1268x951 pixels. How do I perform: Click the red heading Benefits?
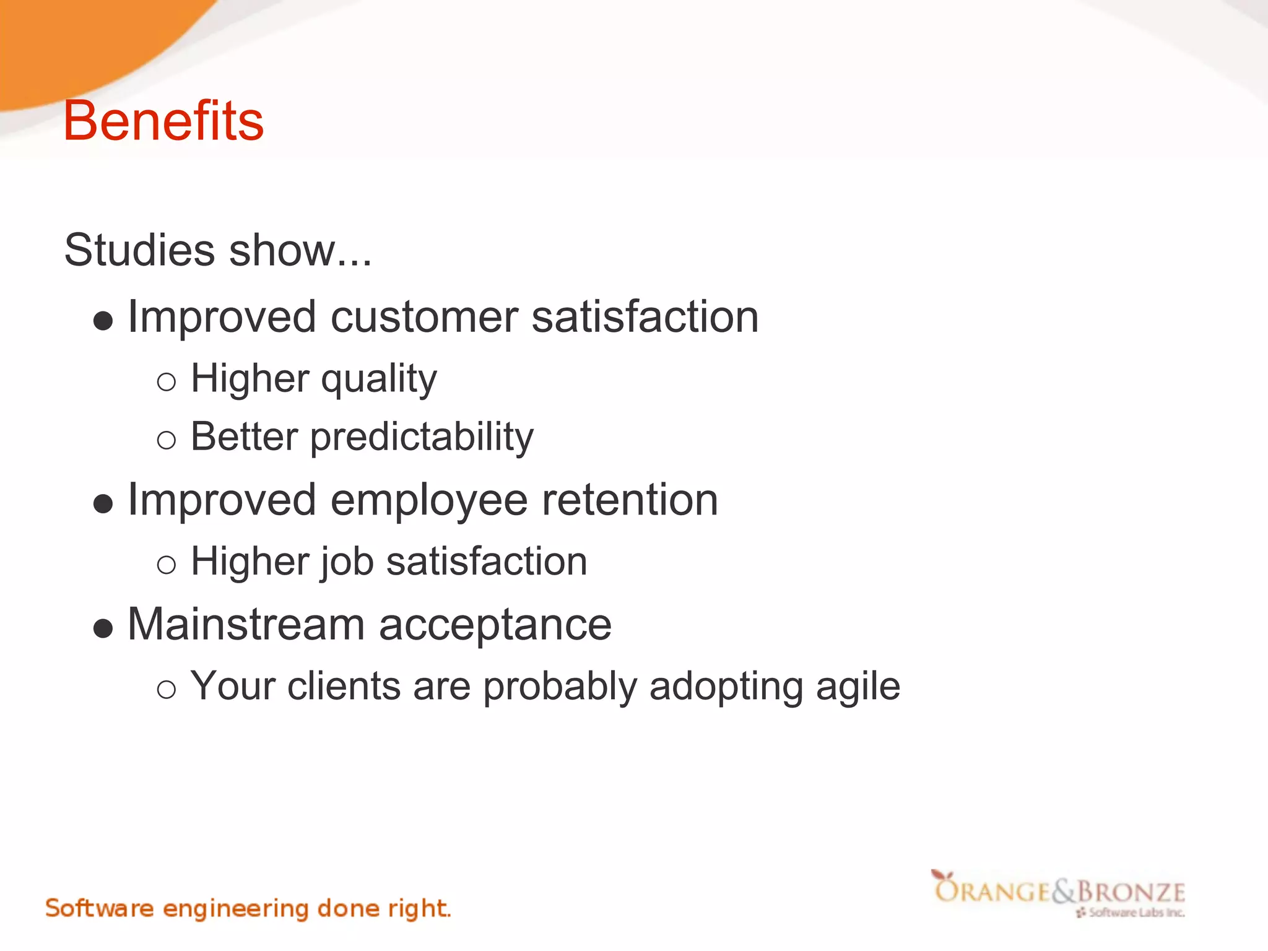coord(163,121)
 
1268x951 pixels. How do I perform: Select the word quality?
coord(379,379)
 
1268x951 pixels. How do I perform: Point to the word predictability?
coord(422,438)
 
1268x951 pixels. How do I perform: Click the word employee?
coord(428,500)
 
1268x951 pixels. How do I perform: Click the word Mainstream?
coord(246,624)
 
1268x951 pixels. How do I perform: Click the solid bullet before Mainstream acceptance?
coord(103,629)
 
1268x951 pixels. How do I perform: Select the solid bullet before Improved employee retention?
coord(103,504)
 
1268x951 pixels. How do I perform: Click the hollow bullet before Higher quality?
coord(166,382)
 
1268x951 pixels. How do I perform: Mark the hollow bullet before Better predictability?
coord(166,440)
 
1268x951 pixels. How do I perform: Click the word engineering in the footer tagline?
coord(235,909)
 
